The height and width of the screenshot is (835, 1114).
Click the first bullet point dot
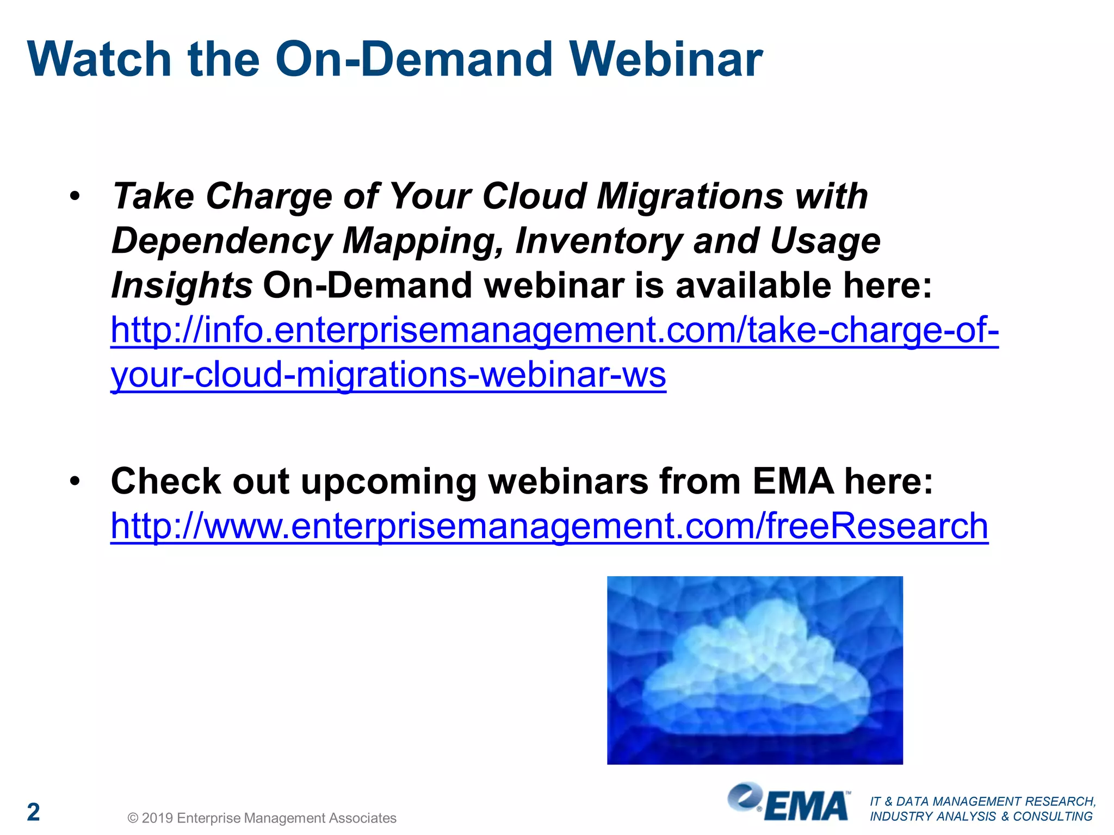tap(75, 196)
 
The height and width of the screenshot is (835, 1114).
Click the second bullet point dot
tap(75, 481)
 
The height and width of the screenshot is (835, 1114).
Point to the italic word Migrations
tap(690, 196)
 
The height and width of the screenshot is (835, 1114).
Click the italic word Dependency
tap(222, 241)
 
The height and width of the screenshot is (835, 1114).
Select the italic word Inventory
tap(598, 241)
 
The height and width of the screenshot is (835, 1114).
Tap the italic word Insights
tap(181, 286)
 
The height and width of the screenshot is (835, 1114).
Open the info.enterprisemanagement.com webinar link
tap(554, 331)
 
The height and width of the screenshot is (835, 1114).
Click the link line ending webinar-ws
tap(388, 375)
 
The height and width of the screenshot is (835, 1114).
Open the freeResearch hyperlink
tap(549, 526)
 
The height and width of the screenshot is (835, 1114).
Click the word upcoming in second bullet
tap(388, 481)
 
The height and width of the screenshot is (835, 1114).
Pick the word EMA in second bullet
tap(793, 481)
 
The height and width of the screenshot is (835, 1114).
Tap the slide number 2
tap(34, 812)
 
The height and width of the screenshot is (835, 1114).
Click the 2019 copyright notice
tap(262, 818)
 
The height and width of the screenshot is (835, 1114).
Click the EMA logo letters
tap(806, 806)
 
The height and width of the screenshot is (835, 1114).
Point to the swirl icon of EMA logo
tap(744, 797)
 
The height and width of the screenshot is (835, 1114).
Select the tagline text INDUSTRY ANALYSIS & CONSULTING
tap(981, 817)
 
